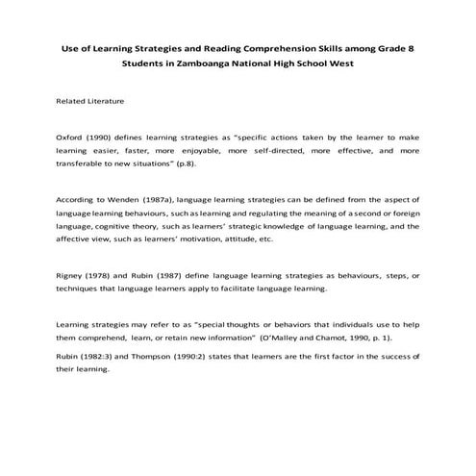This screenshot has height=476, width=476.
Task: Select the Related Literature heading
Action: click(90, 100)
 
